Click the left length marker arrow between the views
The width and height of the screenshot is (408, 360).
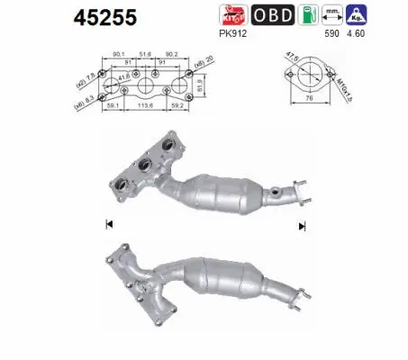pyautogui.click(x=109, y=224)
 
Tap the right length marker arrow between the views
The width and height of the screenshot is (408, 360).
pyautogui.click(x=300, y=224)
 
